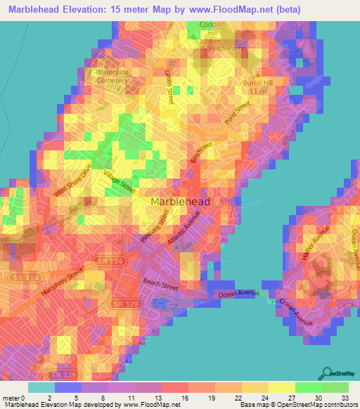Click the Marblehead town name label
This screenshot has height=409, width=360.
click(x=180, y=202)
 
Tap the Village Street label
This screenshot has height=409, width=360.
click(x=119, y=182)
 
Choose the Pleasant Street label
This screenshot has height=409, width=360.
click(x=155, y=230)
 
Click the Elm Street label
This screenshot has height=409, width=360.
click(x=201, y=154)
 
